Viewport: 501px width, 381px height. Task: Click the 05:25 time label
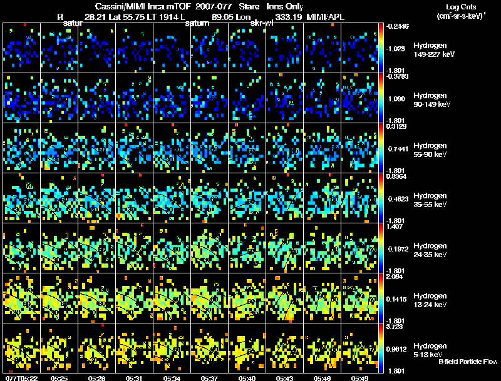pos(59,378)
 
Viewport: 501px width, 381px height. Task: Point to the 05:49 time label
pos(361,378)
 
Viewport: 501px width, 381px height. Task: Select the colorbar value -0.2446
pos(398,26)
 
